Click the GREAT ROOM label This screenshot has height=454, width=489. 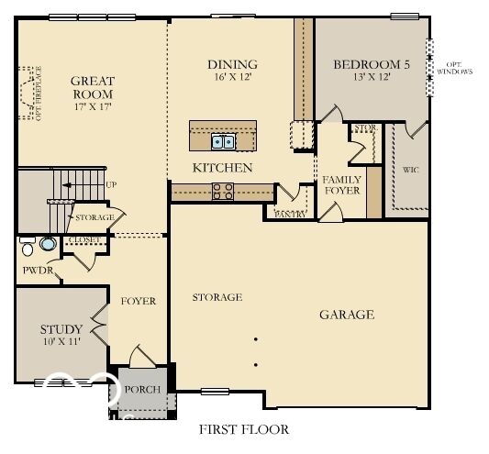(x=92, y=87)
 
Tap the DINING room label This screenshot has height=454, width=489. (x=232, y=64)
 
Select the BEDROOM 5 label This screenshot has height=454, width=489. (x=371, y=64)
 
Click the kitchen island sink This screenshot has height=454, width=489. (x=223, y=141)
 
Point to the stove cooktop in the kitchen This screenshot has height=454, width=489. (x=223, y=191)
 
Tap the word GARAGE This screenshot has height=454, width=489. (x=346, y=315)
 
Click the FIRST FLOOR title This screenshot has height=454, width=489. (x=244, y=428)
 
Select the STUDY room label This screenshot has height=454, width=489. (x=61, y=329)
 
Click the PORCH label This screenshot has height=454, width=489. (x=142, y=389)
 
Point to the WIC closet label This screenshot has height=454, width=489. (x=411, y=170)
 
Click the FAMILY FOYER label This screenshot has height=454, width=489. (x=341, y=184)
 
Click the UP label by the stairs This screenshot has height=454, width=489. (x=111, y=184)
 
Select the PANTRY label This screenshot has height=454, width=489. (x=290, y=214)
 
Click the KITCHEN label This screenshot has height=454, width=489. (x=222, y=168)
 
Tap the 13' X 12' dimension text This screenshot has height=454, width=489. (x=371, y=79)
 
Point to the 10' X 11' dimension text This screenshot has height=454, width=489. (x=61, y=342)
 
